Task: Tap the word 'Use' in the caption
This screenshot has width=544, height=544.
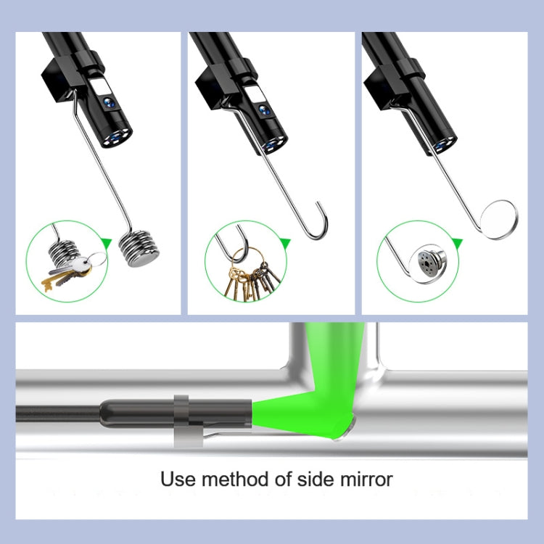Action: [176, 479]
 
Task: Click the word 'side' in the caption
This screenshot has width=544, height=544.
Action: [313, 479]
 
